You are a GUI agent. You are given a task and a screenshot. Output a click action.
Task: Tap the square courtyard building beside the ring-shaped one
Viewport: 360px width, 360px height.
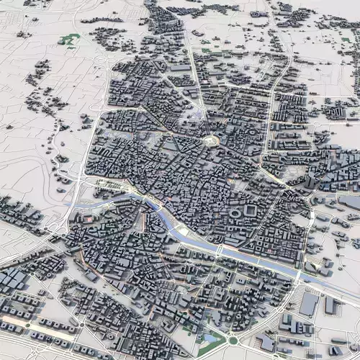[x=250, y=210]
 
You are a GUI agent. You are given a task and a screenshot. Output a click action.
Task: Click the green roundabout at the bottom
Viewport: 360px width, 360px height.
[x=233, y=340]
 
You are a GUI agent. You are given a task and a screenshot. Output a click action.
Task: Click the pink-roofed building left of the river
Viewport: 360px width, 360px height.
[x=87, y=217]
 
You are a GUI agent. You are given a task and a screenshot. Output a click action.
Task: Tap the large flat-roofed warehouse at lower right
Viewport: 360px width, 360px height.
[x=309, y=303]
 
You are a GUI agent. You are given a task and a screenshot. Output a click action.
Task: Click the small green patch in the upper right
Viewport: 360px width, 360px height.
[x=207, y=50]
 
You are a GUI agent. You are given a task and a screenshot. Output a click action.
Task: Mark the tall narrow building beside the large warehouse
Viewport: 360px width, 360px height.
[x=330, y=305]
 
